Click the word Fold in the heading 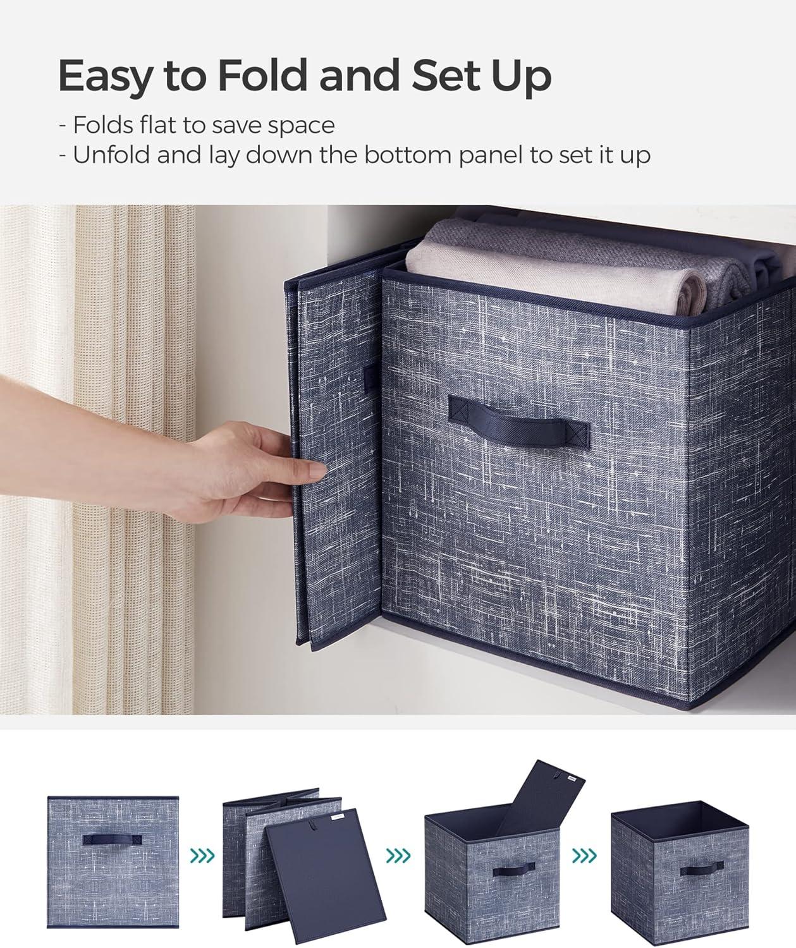point(262,75)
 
